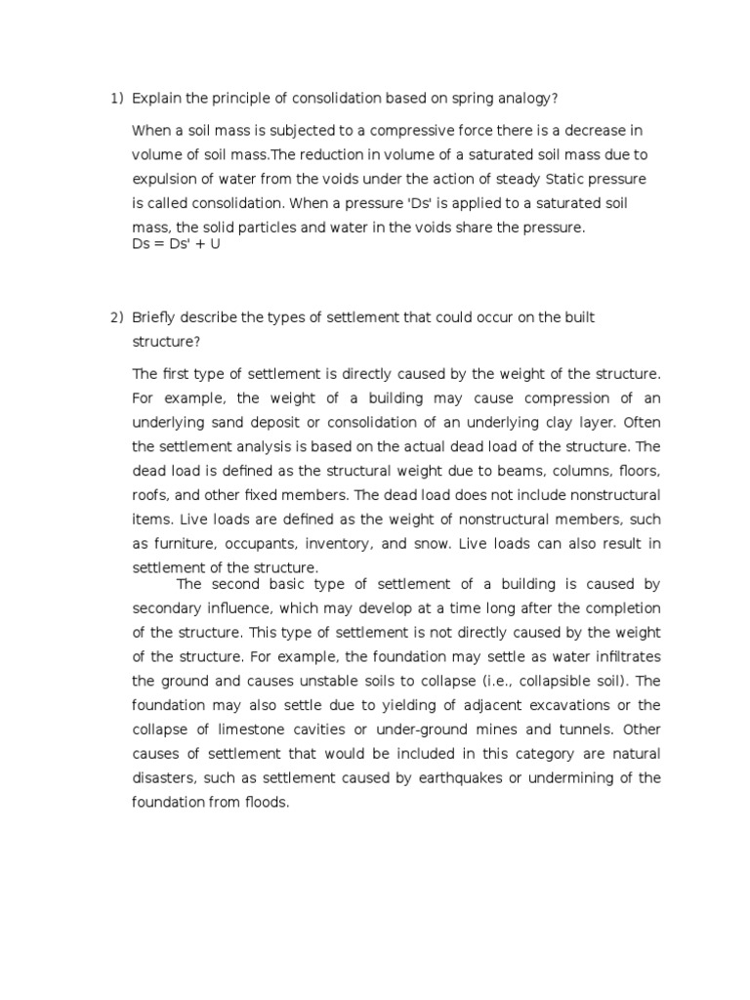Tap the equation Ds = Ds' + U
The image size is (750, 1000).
[x=177, y=243]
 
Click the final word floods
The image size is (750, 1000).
[x=266, y=802]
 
